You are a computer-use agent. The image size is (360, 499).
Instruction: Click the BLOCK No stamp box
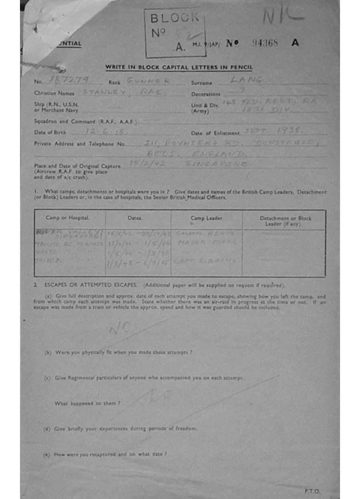175,33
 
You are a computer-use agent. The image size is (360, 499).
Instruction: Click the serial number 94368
265,43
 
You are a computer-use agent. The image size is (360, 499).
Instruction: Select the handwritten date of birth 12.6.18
99,132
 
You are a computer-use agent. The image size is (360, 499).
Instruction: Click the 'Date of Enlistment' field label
215,133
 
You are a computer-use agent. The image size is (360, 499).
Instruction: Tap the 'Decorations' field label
206,94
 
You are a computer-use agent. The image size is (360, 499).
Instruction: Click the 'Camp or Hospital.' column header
68,218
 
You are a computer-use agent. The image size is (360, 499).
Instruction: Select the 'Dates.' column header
135,218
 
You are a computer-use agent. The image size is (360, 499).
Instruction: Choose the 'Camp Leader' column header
206,218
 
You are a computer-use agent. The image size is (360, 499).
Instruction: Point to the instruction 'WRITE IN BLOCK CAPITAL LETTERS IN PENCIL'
179,68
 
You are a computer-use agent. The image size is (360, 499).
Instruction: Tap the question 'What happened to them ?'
88,403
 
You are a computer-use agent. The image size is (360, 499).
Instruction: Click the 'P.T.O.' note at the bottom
312,491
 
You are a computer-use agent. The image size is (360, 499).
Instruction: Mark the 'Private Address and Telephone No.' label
79,144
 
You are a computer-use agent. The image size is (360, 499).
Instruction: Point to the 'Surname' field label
201,83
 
